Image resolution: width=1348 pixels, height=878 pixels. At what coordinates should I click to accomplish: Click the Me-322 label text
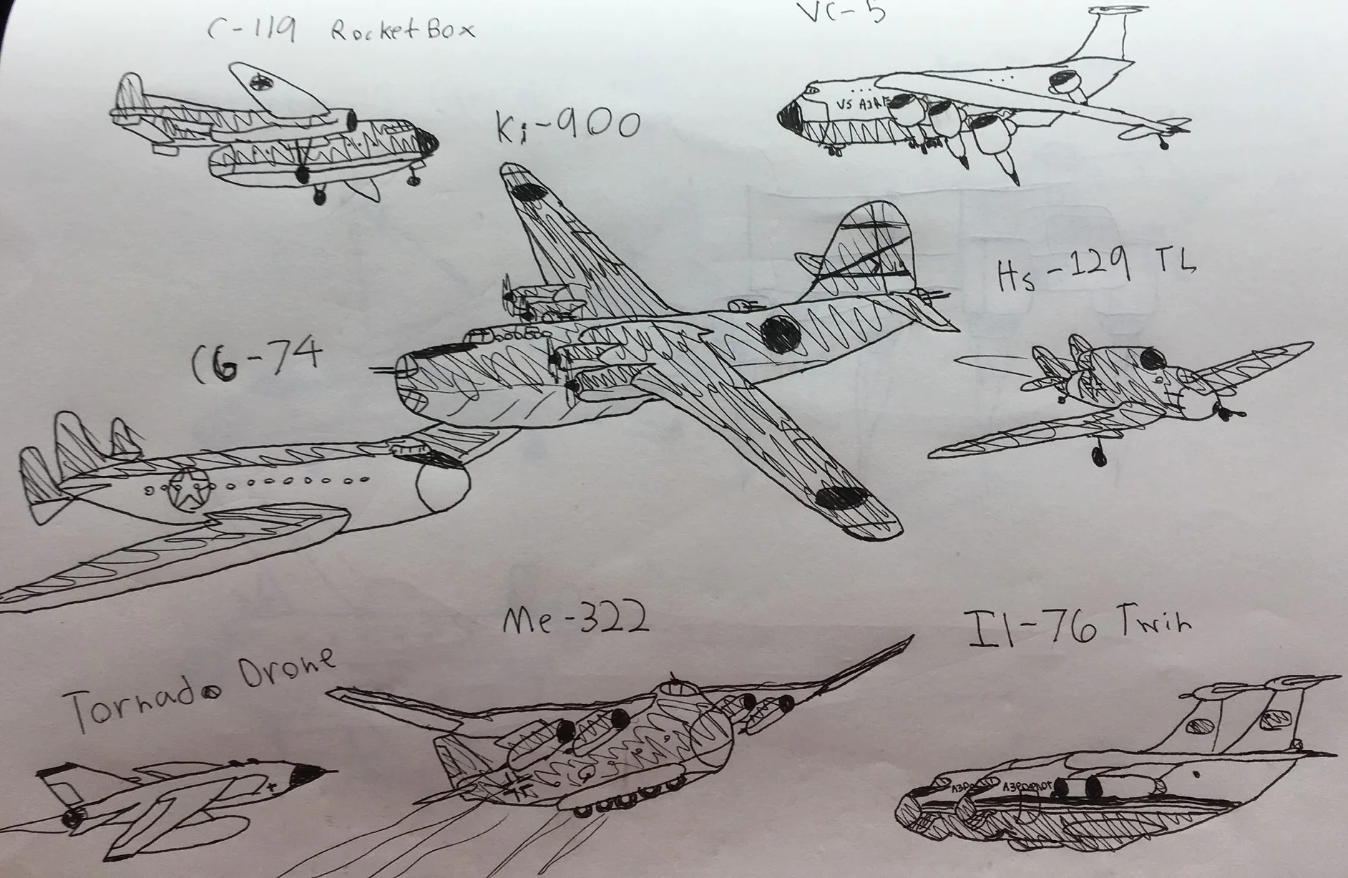coord(576,617)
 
